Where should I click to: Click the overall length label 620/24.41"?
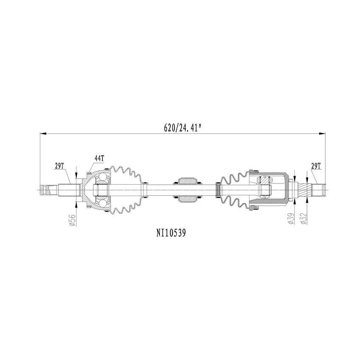point(182,128)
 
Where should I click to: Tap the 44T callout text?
point(99,158)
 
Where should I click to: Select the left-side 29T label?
point(59,166)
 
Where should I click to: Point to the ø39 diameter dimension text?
point(290,219)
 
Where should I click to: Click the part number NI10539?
point(172,233)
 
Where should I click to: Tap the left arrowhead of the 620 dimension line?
point(42,133)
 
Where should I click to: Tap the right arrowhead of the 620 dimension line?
point(323,133)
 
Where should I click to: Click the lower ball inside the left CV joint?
point(103,205)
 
